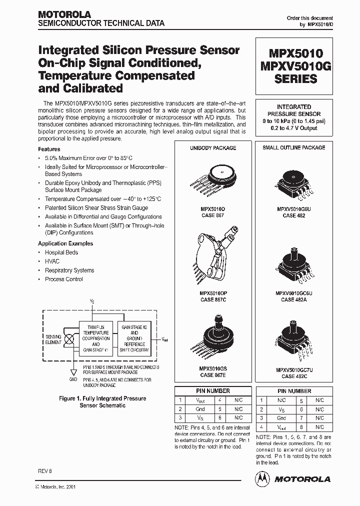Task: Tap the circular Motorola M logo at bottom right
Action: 262,479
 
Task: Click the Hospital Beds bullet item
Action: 61,252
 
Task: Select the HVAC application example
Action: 52,261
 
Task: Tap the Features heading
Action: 49,149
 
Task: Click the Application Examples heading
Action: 65,243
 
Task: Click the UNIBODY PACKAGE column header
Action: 213,148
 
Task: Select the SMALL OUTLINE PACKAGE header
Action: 294,147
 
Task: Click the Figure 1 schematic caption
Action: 102,402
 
